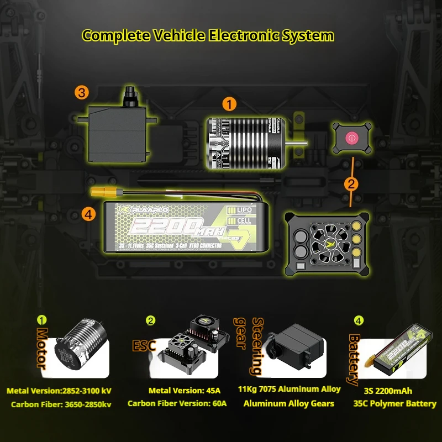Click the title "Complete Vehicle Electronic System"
(208, 36)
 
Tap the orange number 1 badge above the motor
(229, 104)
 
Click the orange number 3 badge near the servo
(82, 92)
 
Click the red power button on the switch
(350, 139)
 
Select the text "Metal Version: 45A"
(177, 391)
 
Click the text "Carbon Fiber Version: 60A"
(177, 403)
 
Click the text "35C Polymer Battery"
(394, 403)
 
